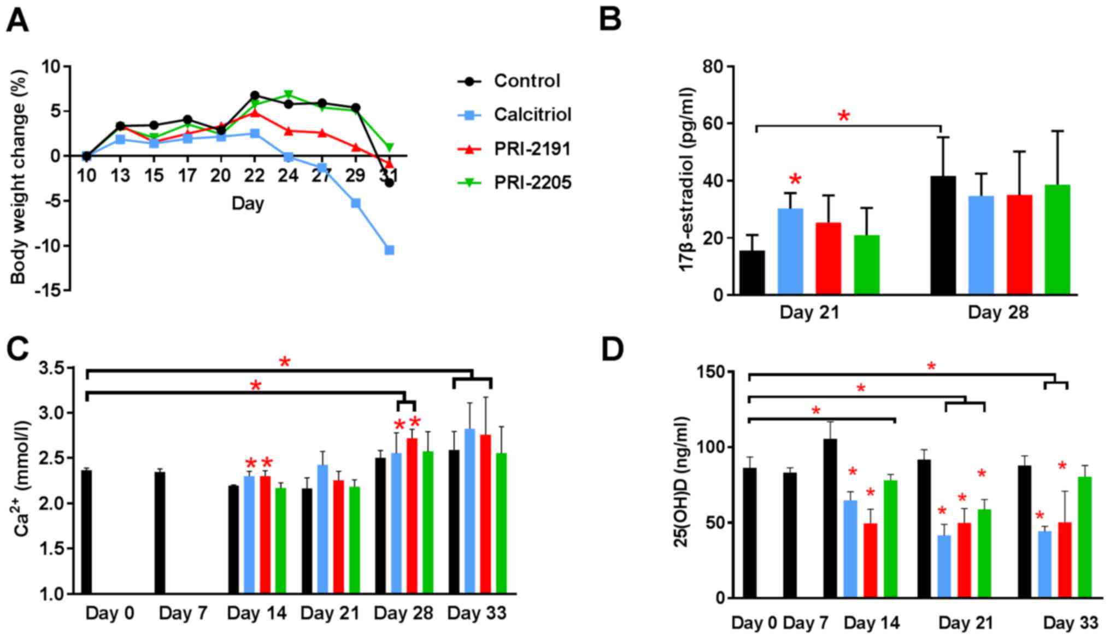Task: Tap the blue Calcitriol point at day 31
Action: click(x=390, y=250)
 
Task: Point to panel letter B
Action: click(x=610, y=21)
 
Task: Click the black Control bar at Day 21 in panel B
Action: click(x=752, y=272)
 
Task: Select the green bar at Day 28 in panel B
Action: click(x=1057, y=240)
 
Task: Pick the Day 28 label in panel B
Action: click(x=998, y=313)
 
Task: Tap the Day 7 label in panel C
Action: click(x=183, y=613)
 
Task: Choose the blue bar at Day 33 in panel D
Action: click(x=1044, y=564)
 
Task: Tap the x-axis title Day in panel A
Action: click(x=248, y=204)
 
